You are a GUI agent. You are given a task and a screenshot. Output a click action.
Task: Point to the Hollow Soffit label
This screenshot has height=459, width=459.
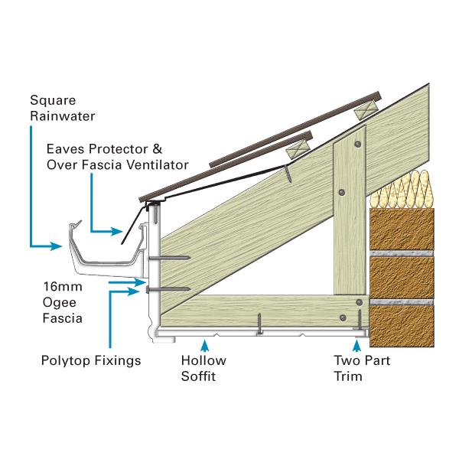coord(203,368)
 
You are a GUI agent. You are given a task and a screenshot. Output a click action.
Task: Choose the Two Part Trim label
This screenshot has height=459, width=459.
coord(358,368)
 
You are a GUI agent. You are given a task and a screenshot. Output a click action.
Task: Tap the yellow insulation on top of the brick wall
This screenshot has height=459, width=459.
coord(401,188)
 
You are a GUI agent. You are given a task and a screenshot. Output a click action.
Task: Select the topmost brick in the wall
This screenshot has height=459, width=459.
coord(402,228)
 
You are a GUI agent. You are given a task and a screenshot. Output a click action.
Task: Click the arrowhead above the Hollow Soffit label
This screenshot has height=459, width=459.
coord(203,343)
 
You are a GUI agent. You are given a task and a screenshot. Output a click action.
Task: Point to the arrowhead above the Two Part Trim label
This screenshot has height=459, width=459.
coord(357,343)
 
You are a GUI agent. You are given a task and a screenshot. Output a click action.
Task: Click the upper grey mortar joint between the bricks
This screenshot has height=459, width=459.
coord(402,252)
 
